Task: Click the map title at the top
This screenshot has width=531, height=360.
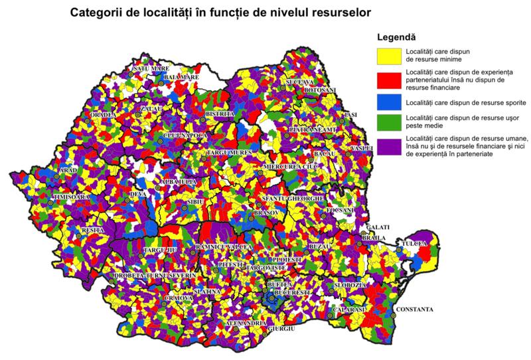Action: [226, 12]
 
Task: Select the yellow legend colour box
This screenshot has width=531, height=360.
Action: [390, 54]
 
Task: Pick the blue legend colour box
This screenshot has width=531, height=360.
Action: [390, 102]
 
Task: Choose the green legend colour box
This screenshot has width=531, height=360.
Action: [390, 121]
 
